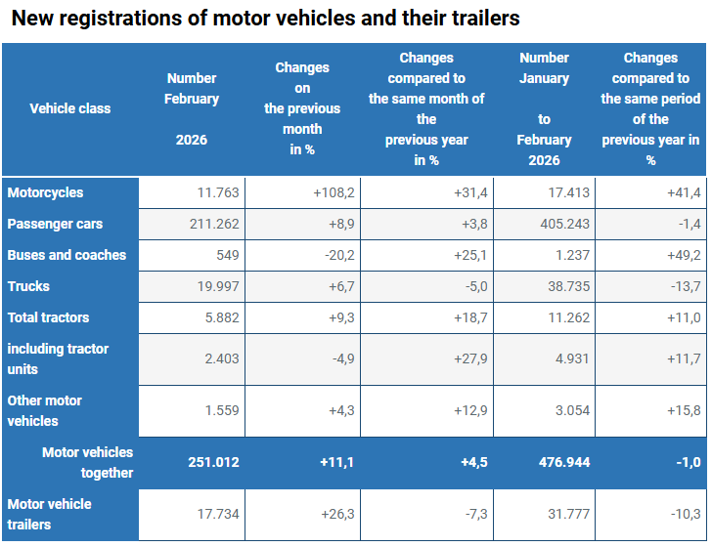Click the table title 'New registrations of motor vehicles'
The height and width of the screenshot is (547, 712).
265,18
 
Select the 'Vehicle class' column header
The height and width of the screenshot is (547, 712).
69,108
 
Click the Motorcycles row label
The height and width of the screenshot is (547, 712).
46,193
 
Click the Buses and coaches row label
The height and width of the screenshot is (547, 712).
67,256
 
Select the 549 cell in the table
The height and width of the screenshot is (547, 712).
225,256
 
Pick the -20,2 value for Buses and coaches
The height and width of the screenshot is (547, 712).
337,256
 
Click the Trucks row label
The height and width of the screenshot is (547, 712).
28,287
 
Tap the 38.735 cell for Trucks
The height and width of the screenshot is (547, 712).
568,287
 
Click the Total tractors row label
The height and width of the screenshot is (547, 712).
49,318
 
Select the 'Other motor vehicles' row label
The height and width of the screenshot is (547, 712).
45,411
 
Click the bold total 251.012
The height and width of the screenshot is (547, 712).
213,462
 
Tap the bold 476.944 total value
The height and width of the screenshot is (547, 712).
564,462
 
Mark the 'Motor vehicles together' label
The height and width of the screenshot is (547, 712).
87,462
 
